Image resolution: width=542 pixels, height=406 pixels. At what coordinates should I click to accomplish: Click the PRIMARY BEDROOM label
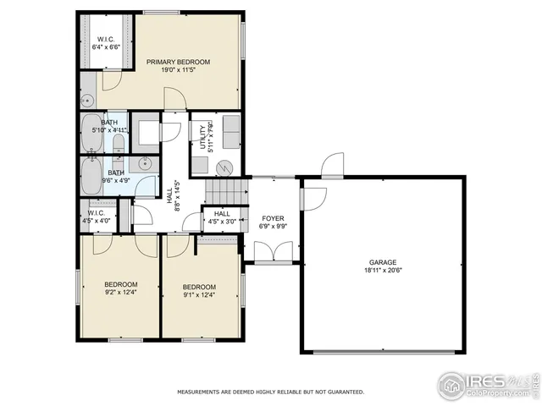[x=178, y=62]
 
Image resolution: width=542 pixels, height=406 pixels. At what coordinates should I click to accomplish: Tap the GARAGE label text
[x=382, y=262]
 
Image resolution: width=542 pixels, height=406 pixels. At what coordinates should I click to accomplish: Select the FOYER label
[x=273, y=217]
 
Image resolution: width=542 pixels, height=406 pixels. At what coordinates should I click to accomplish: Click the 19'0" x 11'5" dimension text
[x=178, y=71]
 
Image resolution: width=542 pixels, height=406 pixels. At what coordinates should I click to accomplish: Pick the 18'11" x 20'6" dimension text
[x=382, y=272]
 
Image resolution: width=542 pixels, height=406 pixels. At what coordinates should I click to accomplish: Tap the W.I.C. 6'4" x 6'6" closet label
[x=106, y=43]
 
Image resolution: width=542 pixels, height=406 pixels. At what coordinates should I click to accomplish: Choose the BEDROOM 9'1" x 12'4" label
[x=199, y=291]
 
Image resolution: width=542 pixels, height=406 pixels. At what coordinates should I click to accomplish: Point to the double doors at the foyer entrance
[x=272, y=252]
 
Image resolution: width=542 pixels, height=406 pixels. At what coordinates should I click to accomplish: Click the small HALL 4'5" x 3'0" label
[x=222, y=218]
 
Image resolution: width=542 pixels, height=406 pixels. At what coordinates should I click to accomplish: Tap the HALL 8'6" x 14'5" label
[x=177, y=196]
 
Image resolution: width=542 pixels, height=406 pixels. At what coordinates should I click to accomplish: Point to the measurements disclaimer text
[x=270, y=392]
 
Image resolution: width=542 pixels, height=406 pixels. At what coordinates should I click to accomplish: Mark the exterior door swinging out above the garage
[x=333, y=163]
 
